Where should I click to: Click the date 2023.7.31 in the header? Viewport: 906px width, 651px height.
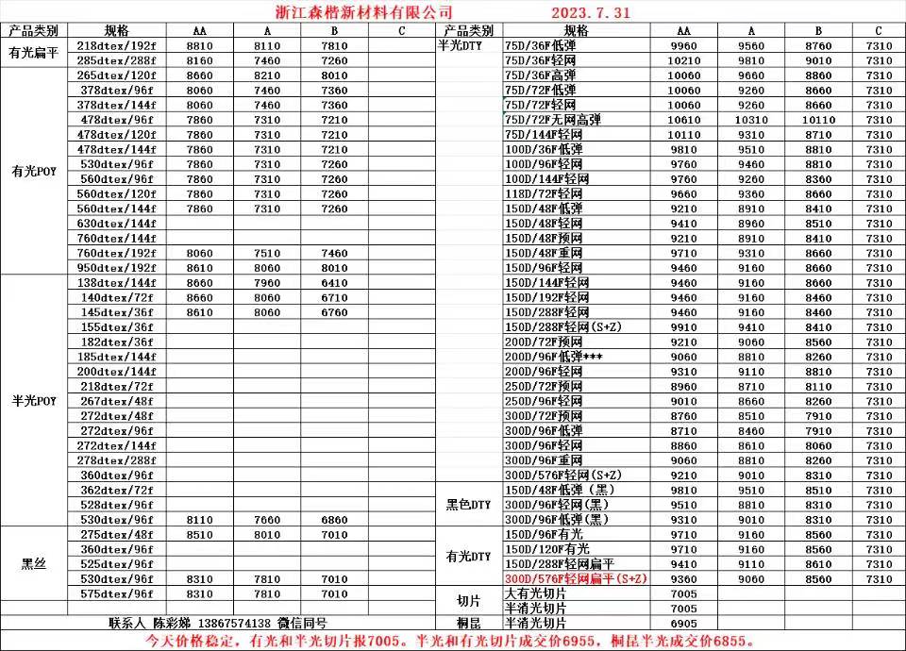pos(590,12)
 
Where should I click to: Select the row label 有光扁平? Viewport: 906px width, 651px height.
pos(34,53)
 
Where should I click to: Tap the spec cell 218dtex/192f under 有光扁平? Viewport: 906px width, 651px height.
pos(116,45)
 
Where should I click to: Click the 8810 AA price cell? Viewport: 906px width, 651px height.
pos(200,45)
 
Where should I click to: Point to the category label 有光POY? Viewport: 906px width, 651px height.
pos(34,172)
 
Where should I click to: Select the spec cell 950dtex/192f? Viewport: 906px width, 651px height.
pos(116,268)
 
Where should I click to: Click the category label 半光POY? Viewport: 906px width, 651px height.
pos(34,401)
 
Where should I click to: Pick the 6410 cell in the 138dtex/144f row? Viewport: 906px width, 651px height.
pos(334,283)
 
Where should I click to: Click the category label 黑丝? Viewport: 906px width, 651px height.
pos(34,564)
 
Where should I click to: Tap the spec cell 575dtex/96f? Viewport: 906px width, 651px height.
pos(116,593)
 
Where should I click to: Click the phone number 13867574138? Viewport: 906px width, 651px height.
pos(235,624)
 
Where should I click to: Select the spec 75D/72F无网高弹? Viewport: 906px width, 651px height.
pos(553,120)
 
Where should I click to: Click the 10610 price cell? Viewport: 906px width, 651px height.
pos(683,120)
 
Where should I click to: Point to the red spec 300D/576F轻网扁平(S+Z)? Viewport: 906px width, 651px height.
pos(575,578)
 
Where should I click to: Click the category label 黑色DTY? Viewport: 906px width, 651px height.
pos(468,505)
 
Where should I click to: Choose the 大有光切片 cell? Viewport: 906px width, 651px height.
pos(536,593)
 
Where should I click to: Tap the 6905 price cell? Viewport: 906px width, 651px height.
pos(683,624)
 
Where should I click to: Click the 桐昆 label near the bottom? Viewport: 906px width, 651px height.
pos(468,624)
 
